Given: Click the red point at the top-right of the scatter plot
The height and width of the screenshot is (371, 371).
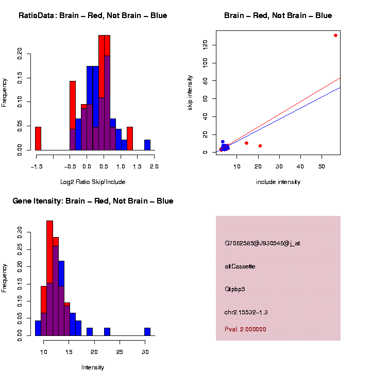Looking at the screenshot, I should coord(335,36).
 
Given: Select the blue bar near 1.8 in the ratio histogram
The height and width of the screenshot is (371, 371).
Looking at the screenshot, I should coord(147,145).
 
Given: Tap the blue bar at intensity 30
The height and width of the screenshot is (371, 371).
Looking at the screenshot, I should coord(147,332).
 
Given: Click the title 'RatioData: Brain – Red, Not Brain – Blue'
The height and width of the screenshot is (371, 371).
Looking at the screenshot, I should coord(93,15).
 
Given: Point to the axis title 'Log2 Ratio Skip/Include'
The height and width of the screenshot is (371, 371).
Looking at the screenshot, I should coord(93,182).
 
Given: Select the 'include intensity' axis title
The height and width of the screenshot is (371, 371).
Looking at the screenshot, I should coord(278,182).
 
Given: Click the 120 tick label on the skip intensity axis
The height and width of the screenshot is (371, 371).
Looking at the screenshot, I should coord(206,45).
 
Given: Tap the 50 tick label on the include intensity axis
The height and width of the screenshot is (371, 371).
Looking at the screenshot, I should coord(322,166).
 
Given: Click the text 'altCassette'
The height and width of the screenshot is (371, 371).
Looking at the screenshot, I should coord(240,266).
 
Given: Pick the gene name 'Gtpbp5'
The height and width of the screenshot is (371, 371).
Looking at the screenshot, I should coord(235,289).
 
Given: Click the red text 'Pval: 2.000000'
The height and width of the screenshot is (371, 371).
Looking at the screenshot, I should coord(245,329).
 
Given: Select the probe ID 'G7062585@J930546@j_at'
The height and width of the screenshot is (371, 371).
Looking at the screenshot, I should coord(262,243).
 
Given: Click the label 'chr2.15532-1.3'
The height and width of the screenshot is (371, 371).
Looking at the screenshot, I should coord(246,312).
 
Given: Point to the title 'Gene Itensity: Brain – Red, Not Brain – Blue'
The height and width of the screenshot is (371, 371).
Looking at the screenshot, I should coord(93,200).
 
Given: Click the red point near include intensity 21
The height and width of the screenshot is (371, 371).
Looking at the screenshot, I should coord(260,146).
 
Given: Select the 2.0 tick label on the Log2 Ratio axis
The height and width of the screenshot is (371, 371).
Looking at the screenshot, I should coord(153,166).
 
